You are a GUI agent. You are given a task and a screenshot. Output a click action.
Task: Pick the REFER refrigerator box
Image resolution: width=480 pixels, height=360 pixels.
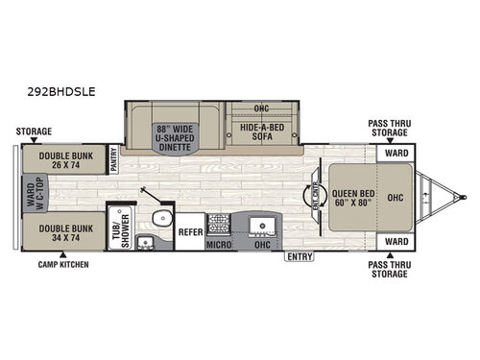point(190,230)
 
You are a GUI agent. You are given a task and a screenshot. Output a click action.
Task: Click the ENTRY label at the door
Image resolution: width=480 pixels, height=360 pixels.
point(296,256)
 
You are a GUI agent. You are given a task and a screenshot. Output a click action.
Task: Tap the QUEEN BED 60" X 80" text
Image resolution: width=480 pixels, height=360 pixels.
point(352,195)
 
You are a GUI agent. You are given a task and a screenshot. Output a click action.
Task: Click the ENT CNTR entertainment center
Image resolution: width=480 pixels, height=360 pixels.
point(316,195)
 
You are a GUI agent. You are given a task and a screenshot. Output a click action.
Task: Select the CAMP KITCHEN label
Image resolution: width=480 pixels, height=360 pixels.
point(61,264)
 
